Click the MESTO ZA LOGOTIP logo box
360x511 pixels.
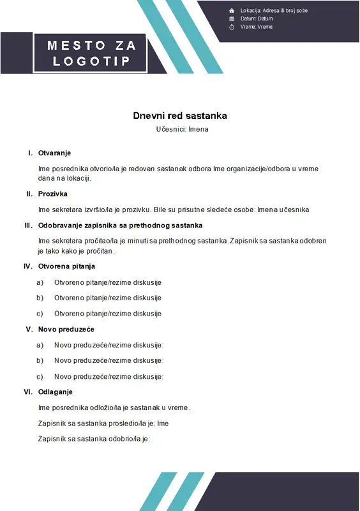tap(91, 53)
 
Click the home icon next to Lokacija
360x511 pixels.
tap(232, 11)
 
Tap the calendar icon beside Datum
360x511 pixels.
tap(232, 19)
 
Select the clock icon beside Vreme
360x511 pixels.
tap(232, 27)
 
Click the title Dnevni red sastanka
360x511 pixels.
tap(180, 116)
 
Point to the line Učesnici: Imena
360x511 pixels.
tap(182, 129)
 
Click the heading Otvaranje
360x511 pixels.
tap(54, 153)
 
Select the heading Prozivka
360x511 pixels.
tap(53, 194)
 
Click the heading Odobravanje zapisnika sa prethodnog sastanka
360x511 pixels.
tap(120, 225)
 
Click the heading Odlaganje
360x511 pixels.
tap(56, 392)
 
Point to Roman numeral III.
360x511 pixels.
tap(28, 225)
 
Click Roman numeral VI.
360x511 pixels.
tap(28, 392)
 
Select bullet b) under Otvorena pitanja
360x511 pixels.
tap(40, 298)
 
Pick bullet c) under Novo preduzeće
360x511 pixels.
tap(40, 377)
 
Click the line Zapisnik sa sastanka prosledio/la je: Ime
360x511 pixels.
tap(103, 423)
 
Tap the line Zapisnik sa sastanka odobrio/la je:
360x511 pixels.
tap(94, 439)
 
